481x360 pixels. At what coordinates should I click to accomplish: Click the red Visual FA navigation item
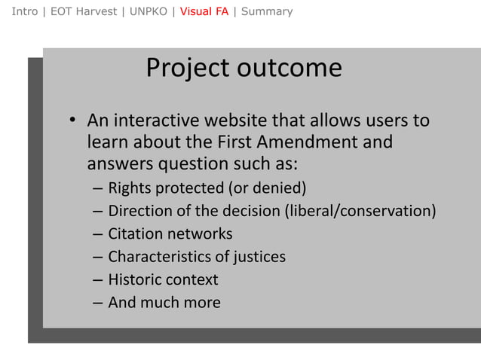tap(204, 11)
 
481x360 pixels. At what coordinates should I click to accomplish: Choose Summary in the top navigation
tap(267, 11)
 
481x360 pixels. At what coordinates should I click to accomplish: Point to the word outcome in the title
tap(290, 69)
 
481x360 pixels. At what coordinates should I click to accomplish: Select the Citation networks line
tap(170, 233)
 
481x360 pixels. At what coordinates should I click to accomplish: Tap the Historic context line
tap(163, 280)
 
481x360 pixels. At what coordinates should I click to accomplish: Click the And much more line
tap(164, 303)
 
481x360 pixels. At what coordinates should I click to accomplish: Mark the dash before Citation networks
tap(98, 234)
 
